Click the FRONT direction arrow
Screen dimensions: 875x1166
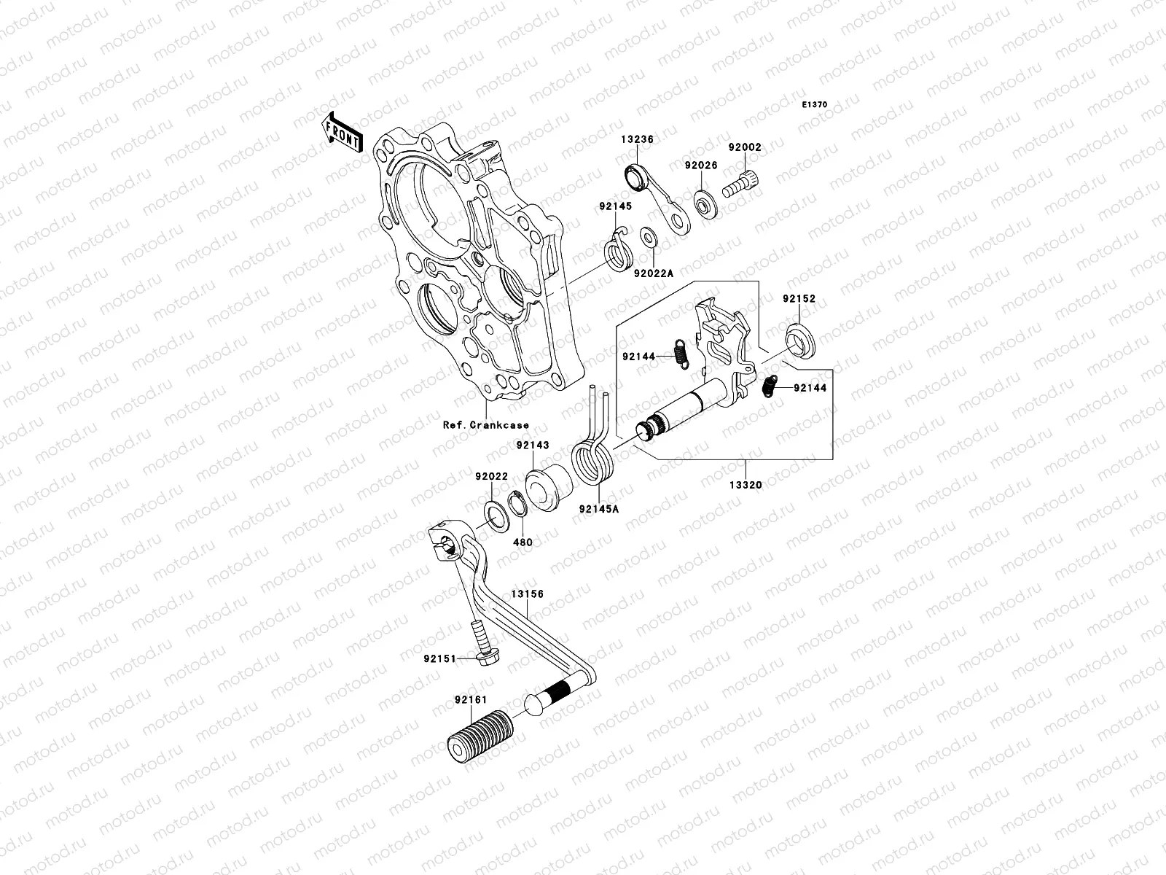point(343,132)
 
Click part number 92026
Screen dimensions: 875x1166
point(700,166)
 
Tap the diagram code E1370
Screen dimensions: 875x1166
point(815,105)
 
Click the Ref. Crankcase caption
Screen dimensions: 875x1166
point(485,425)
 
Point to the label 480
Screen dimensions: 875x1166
point(523,542)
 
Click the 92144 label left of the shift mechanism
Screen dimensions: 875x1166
point(638,357)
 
